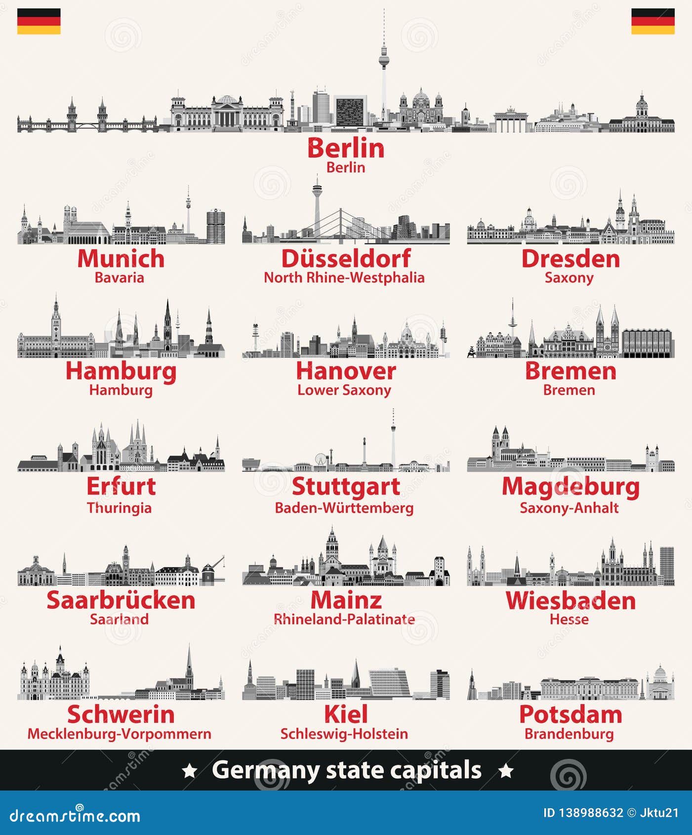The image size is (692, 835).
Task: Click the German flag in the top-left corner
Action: (39, 21)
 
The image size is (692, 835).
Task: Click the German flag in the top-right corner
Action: (652, 21)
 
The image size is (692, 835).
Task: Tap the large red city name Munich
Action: (121, 258)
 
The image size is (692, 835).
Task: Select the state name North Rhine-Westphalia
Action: (344, 278)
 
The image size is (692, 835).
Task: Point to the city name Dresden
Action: (570, 258)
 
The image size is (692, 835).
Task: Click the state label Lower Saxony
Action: (344, 390)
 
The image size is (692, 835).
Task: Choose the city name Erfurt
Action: (121, 486)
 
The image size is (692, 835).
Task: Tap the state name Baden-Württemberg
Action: (344, 508)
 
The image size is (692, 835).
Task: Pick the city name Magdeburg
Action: (570, 487)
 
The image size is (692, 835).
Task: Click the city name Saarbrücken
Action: (121, 600)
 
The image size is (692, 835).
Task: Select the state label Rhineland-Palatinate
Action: (344, 619)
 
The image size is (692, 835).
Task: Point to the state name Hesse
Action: (569, 619)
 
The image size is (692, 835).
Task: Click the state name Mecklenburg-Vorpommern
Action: (119, 734)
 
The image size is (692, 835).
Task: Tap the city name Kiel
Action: (346, 714)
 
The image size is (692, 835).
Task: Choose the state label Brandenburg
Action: (569, 734)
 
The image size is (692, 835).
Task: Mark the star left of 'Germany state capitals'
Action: (190, 771)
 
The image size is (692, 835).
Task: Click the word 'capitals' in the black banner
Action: (443, 770)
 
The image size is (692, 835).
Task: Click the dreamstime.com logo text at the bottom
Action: (75, 816)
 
